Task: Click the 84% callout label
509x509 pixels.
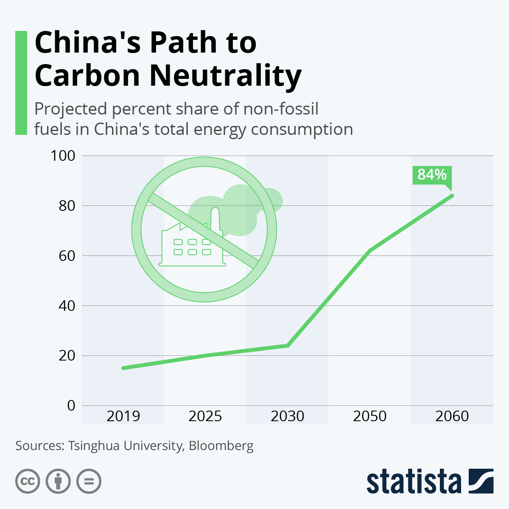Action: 432,175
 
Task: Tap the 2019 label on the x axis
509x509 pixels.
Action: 123,416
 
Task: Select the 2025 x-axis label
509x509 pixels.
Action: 205,416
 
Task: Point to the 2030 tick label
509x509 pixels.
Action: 288,416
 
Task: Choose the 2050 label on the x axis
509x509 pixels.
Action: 370,416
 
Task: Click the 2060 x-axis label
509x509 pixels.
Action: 452,416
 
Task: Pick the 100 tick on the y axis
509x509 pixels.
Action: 63,156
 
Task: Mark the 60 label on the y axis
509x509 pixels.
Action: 67,256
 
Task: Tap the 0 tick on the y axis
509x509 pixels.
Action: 71,406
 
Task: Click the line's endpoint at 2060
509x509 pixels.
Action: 452,196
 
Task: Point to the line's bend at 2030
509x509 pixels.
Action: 288,345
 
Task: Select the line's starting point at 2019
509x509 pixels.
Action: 123,368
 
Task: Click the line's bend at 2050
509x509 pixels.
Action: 370,251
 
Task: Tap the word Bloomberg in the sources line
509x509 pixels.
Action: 221,446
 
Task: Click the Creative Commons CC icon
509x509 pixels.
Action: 28,481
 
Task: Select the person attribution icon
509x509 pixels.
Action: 58,481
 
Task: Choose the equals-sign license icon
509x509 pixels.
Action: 89,481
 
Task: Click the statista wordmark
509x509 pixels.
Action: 414,481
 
